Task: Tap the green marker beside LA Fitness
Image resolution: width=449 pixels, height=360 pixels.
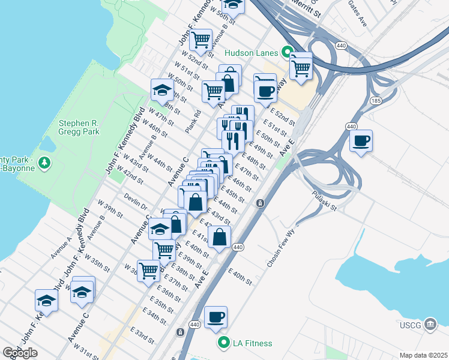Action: [224, 343]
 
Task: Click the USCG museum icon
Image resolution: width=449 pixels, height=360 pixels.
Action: [430, 325]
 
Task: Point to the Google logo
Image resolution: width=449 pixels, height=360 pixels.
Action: [20, 352]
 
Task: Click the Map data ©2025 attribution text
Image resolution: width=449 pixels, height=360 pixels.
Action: [423, 355]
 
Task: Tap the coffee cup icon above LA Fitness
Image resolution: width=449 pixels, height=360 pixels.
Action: [215, 317]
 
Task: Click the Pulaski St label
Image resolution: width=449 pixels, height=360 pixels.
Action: [325, 201]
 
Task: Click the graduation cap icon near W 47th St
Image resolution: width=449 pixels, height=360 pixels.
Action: [161, 90]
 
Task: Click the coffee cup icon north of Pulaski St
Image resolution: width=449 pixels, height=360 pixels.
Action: [361, 141]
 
